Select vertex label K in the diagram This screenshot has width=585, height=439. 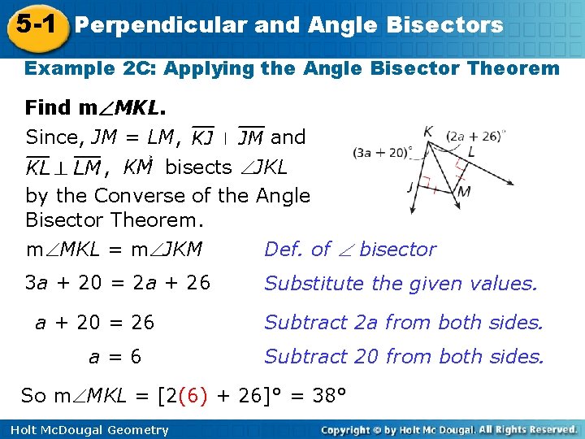[427, 131]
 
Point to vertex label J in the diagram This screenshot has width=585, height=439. [411, 185]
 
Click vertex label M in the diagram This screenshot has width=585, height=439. [464, 192]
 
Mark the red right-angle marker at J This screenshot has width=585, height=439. [423, 189]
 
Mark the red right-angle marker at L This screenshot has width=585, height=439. [460, 166]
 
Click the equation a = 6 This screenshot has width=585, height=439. [115, 356]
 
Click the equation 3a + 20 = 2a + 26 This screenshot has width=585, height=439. [118, 284]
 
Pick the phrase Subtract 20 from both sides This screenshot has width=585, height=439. [404, 356]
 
